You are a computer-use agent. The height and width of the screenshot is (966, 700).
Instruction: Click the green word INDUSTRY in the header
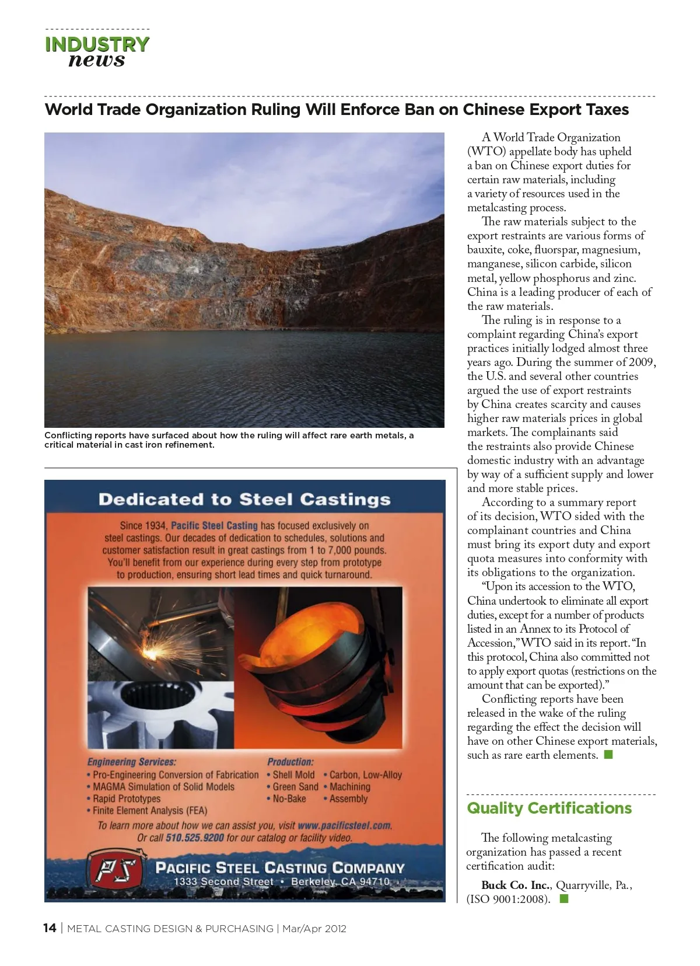[97, 44]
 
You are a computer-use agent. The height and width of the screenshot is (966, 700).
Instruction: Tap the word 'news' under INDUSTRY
[97, 60]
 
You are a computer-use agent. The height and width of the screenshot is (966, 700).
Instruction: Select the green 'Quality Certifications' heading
[549, 808]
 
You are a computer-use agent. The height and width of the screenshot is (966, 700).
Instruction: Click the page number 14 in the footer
[50, 928]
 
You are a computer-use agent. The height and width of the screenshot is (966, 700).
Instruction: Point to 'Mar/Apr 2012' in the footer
[314, 929]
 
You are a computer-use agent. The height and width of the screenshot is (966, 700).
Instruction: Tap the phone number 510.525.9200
[195, 838]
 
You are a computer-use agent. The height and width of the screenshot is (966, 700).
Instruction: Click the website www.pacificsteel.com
[344, 825]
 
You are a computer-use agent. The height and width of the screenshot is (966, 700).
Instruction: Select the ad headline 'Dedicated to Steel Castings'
[244, 500]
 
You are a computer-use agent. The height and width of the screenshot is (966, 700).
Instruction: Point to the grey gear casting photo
[160, 715]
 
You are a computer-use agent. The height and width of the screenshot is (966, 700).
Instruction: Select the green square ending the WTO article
[608, 755]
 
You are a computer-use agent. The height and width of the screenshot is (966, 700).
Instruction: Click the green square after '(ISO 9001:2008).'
[564, 899]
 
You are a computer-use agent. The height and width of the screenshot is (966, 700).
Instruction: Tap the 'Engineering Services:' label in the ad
[132, 762]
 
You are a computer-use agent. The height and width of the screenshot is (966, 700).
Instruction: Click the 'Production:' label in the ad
[290, 762]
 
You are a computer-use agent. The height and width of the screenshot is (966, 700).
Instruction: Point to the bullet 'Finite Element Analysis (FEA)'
[150, 810]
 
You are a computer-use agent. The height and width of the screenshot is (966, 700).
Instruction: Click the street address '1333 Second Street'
[223, 881]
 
